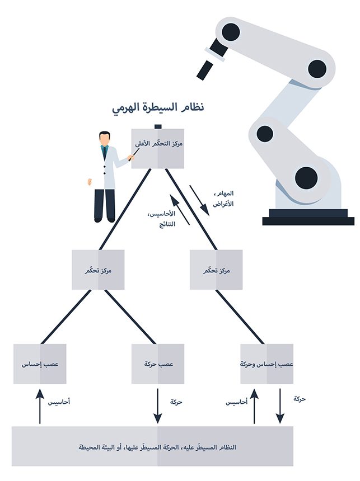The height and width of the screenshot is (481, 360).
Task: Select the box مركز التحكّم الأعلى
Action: click(158, 148)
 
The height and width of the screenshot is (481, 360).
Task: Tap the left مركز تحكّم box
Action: click(99, 270)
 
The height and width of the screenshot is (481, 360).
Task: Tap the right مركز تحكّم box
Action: click(216, 270)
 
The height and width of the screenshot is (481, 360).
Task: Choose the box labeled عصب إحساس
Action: click(40, 364)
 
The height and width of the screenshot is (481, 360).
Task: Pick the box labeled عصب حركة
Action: click(157, 364)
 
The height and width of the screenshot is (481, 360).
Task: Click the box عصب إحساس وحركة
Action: click(267, 364)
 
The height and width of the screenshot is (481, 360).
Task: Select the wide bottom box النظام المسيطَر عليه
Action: click(152, 446)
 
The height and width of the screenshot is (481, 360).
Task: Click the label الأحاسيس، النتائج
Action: click(166, 219)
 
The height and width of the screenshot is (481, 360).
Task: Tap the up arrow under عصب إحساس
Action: click(40, 407)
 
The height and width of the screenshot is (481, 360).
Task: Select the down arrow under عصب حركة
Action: click(157, 407)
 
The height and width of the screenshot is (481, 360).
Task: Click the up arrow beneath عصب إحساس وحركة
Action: click(255, 407)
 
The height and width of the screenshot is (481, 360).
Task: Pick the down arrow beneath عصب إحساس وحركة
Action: click(279, 407)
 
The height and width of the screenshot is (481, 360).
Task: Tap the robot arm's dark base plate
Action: click(308, 220)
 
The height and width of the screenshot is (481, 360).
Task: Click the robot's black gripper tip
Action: click(202, 70)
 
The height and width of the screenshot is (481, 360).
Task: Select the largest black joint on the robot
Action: click(306, 178)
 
